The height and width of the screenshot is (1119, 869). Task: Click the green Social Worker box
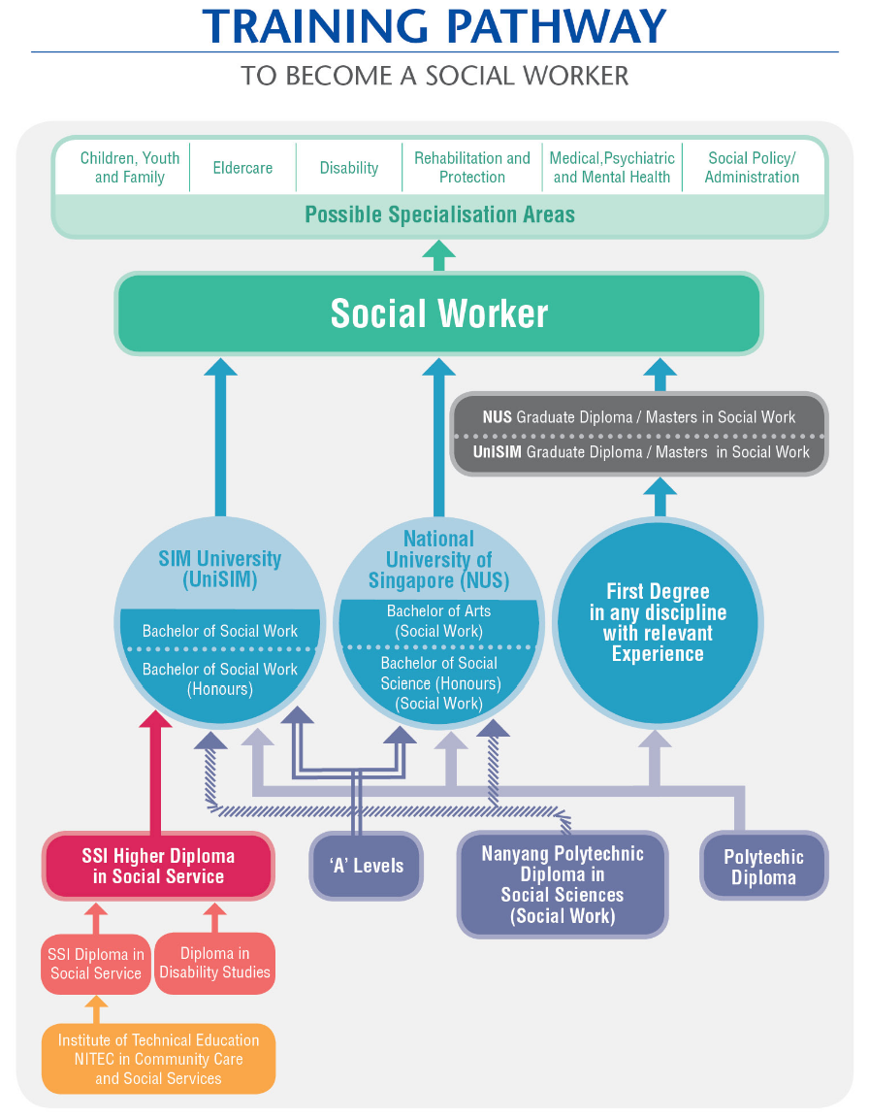(438, 313)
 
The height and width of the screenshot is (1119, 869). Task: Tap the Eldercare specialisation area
(242, 168)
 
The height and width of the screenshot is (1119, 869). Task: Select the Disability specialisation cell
(349, 168)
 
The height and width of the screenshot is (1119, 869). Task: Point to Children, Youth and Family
(130, 168)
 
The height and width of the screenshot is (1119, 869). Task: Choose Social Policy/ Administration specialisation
(752, 168)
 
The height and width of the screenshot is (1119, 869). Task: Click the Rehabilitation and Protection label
(472, 168)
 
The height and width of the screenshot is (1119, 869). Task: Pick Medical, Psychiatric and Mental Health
(612, 168)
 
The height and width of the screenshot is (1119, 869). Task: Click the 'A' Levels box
(367, 866)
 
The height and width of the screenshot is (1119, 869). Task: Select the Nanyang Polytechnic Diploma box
(563, 884)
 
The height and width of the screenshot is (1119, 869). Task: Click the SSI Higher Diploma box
(158, 867)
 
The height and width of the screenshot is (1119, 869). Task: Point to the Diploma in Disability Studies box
(214, 963)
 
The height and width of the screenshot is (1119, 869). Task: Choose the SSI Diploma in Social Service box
(96, 964)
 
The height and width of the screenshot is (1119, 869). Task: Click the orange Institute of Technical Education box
(158, 1059)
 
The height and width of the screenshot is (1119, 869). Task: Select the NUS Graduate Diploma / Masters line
(639, 417)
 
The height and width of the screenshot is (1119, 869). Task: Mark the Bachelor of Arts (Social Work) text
(438, 621)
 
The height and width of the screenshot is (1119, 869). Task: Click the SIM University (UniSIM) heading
(220, 570)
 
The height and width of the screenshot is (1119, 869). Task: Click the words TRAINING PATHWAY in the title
(434, 26)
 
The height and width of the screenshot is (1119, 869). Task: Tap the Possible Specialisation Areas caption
(439, 214)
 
